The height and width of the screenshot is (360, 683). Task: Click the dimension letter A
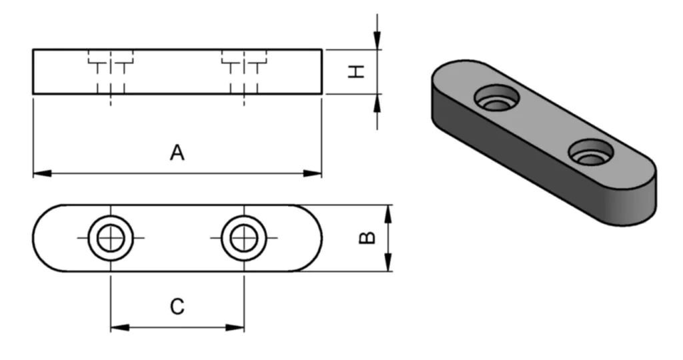pos(177,153)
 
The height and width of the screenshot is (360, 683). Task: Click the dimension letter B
pos(367,238)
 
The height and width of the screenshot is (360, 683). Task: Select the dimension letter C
pos(177,307)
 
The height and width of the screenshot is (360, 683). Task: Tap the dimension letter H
pos(358,71)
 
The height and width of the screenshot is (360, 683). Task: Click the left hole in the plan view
pos(111,238)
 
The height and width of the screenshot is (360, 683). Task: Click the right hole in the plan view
pos(244,238)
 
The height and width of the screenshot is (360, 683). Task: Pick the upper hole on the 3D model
pos(497,99)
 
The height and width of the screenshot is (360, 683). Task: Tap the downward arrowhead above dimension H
pos(378,41)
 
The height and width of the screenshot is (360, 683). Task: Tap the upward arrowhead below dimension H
pos(378,102)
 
